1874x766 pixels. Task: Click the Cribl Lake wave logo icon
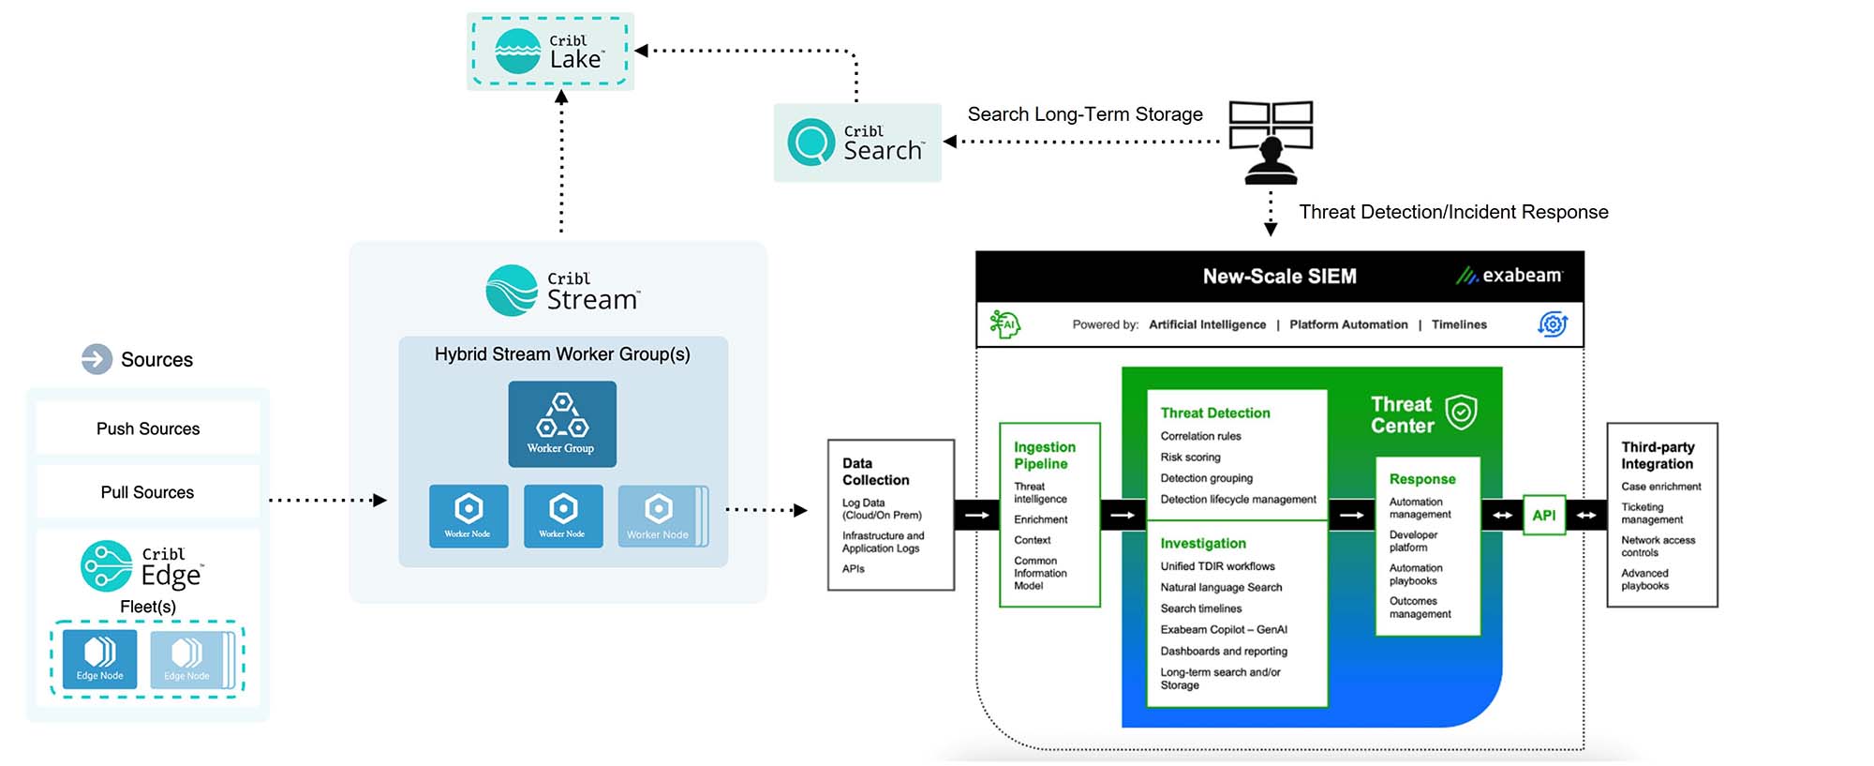pyautogui.click(x=517, y=52)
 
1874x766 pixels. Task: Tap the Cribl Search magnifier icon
pyautogui.click(x=811, y=143)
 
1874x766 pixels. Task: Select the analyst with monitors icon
pyautogui.click(x=1271, y=142)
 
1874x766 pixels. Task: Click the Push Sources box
pyautogui.click(x=148, y=428)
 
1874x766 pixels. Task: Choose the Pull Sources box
pyautogui.click(x=148, y=492)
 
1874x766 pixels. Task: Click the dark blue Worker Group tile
pyautogui.click(x=562, y=424)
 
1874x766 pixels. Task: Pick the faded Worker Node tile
pyautogui.click(x=660, y=516)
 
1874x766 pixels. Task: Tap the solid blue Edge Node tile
pyautogui.click(x=100, y=659)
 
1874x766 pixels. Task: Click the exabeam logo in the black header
pyautogui.click(x=1510, y=276)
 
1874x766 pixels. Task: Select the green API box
pyautogui.click(x=1543, y=515)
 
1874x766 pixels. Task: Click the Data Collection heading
pyautogui.click(x=875, y=472)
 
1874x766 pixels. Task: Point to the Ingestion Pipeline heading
pyautogui.click(x=1044, y=456)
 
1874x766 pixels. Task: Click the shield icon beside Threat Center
pyautogui.click(x=1461, y=412)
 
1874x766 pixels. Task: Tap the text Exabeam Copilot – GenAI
pyautogui.click(x=1224, y=630)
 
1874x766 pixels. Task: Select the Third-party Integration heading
pyautogui.click(x=1657, y=456)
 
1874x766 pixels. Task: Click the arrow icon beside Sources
pyautogui.click(x=97, y=359)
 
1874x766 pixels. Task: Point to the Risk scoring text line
pyautogui.click(x=1190, y=458)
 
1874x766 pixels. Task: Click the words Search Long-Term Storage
pyautogui.click(x=1084, y=114)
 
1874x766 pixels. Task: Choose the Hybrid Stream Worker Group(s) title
pyautogui.click(x=562, y=354)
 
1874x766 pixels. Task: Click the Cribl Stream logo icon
pyautogui.click(x=512, y=290)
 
